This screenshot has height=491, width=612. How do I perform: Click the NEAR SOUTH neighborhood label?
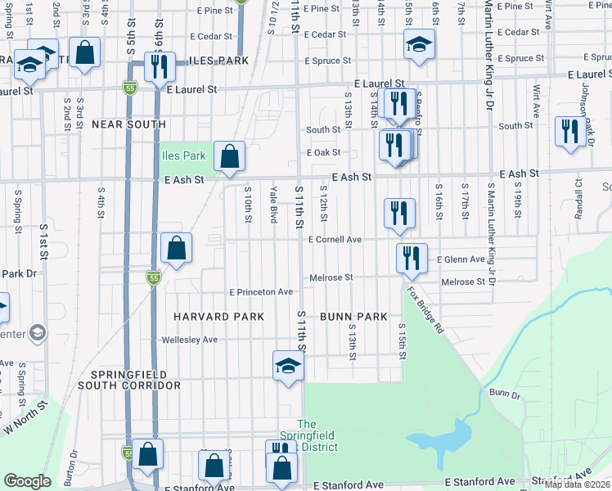click(x=128, y=124)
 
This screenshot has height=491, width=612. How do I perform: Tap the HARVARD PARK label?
click(x=218, y=316)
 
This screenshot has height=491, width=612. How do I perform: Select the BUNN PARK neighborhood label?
click(x=353, y=316)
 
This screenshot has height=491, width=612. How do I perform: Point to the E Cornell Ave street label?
click(x=335, y=240)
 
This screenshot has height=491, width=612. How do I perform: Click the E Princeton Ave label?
click(x=261, y=292)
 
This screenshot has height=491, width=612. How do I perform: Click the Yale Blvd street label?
click(x=273, y=204)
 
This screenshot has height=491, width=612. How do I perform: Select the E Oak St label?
click(x=322, y=153)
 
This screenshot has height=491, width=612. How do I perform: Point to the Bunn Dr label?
click(x=505, y=394)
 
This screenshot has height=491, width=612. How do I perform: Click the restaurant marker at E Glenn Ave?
click(x=412, y=257)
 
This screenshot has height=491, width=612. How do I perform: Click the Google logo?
click(x=28, y=481)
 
